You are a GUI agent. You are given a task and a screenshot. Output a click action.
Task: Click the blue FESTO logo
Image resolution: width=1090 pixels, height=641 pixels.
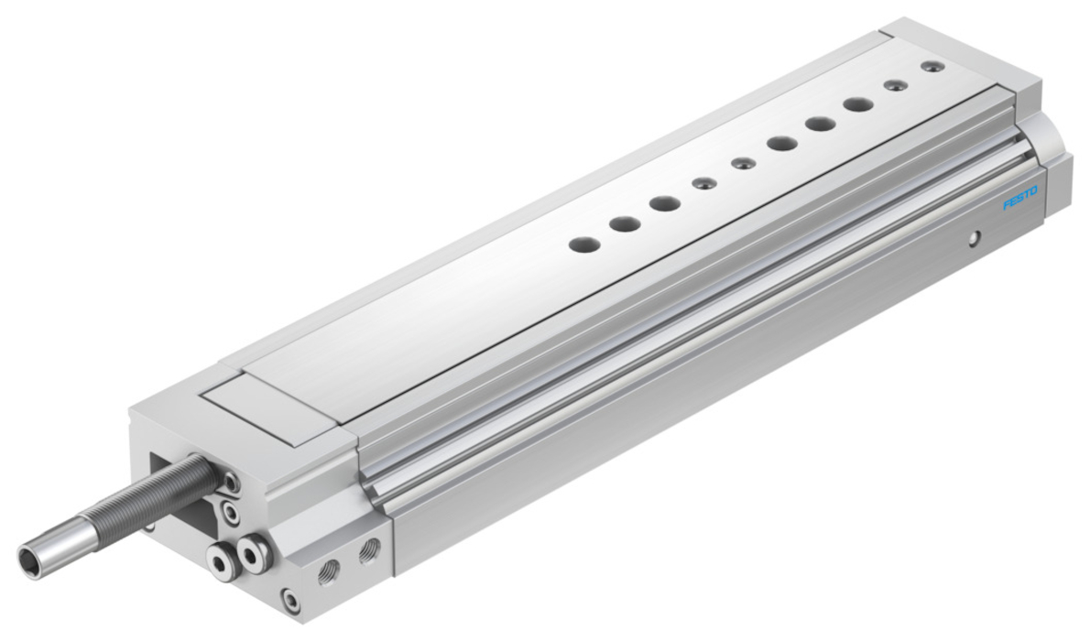[1019, 198]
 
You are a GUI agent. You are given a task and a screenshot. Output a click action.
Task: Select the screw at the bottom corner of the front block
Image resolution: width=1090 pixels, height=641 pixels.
[289, 599]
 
